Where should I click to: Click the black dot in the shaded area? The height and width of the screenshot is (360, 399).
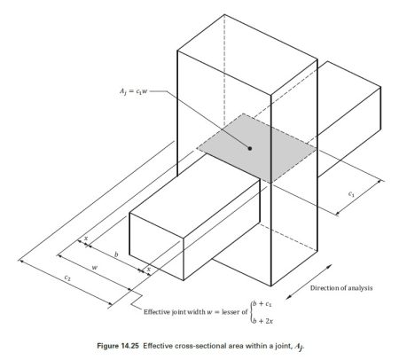[x=250, y=148]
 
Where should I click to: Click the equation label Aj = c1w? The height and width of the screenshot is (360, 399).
[x=133, y=91]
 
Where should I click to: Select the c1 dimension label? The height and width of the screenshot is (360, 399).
[x=351, y=194]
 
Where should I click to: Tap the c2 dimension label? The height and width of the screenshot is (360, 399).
[x=67, y=278]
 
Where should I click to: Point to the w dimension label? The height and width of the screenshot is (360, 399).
[x=94, y=268]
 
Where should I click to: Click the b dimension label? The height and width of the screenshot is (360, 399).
[x=116, y=254]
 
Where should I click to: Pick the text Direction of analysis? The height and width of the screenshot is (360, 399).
[x=341, y=288]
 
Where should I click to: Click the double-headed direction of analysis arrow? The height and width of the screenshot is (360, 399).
[x=309, y=282]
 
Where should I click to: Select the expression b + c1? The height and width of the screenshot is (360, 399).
[x=262, y=304]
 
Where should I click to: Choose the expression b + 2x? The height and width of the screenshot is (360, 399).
[x=262, y=321]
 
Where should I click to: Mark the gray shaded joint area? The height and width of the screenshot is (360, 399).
[x=256, y=148]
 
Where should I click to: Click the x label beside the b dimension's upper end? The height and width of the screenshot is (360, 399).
[x=86, y=238]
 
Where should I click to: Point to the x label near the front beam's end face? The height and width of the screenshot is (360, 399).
[x=149, y=269]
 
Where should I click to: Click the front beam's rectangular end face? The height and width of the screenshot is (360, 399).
[x=157, y=247]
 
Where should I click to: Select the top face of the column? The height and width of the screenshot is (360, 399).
[x=247, y=55]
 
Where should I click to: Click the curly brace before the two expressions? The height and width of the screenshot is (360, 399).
[x=251, y=312]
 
